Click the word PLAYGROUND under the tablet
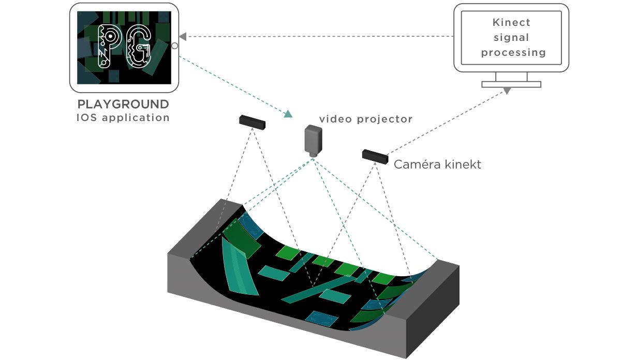[x=123, y=103]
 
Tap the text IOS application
[x=123, y=117]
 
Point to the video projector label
[x=365, y=119]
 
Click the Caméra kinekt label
[x=437, y=164]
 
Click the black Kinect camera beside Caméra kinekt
[x=375, y=156]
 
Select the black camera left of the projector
[x=252, y=122]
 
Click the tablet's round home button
[x=174, y=46]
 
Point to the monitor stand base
[x=511, y=84]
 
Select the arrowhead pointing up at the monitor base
[x=507, y=91]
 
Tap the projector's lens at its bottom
[x=313, y=154]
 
